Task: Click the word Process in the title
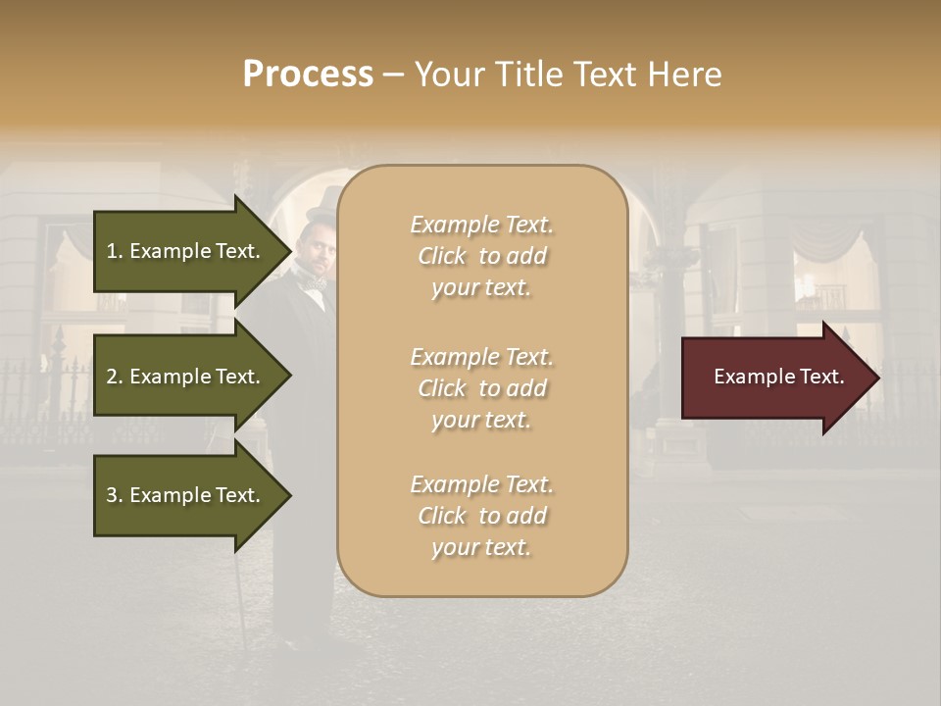pos(308,75)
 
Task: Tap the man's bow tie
pos(315,283)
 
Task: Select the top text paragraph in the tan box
pos(481,256)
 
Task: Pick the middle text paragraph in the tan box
pos(481,388)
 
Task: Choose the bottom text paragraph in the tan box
pos(481,516)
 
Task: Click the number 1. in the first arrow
pos(114,251)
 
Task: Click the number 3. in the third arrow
pos(114,495)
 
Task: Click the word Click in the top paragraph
pos(441,256)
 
